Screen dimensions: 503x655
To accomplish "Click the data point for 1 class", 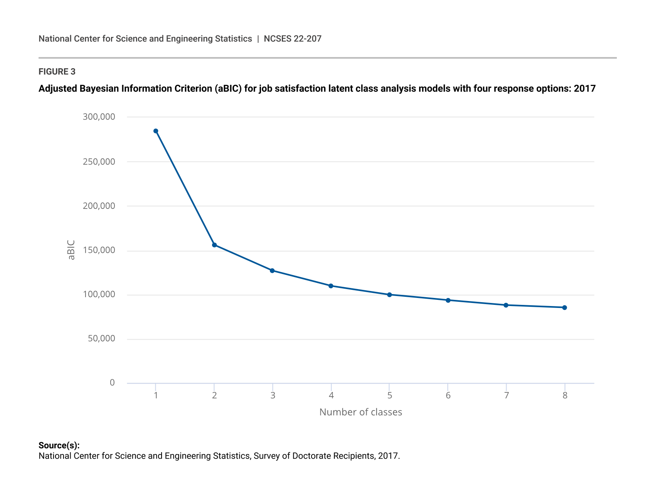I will click(156, 131).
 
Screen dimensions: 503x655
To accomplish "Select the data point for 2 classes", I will click(214, 245).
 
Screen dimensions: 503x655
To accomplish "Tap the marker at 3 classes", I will click(272, 271).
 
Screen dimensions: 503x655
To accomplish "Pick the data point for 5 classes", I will click(389, 295).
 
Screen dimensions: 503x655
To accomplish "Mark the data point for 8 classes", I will click(564, 308).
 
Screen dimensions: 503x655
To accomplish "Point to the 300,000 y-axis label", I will click(99, 117).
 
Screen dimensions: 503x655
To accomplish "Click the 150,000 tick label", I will click(99, 251).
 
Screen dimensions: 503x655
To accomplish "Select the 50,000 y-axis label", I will click(101, 339).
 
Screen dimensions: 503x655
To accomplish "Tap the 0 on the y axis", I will click(112, 383).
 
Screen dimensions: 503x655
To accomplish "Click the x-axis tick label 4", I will click(331, 395).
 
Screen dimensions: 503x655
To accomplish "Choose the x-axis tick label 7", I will click(506, 395).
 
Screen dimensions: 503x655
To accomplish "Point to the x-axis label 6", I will click(448, 395).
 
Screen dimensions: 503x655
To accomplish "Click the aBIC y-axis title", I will click(71, 250).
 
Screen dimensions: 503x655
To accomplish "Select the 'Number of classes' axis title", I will click(360, 412).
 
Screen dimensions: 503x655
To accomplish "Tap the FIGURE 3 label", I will click(57, 72).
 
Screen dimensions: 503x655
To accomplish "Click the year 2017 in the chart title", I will click(584, 89).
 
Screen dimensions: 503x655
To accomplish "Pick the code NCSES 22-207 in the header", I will click(293, 39).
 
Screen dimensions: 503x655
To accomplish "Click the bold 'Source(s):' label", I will click(59, 446).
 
